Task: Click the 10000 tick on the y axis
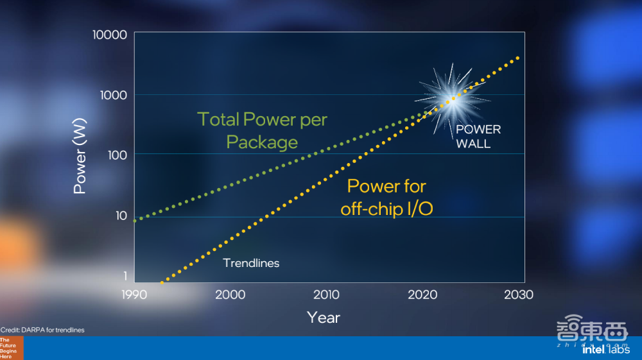(110, 35)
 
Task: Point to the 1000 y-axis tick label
(114, 96)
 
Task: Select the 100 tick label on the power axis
(117, 155)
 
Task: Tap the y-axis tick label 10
(121, 216)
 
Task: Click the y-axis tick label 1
(125, 276)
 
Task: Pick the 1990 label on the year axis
(134, 295)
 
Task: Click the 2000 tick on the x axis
(230, 295)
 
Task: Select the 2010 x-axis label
(326, 295)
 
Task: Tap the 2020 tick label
(422, 295)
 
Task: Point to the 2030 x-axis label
(518, 295)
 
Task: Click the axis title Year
(324, 318)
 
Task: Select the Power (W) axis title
(80, 156)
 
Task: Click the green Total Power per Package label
(262, 131)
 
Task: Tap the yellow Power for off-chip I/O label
(386, 198)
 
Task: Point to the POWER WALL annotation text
(478, 137)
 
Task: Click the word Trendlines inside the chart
(251, 263)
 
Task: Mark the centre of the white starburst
(452, 99)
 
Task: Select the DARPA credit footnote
(42, 330)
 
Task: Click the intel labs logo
(606, 349)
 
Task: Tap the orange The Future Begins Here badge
(12, 348)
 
